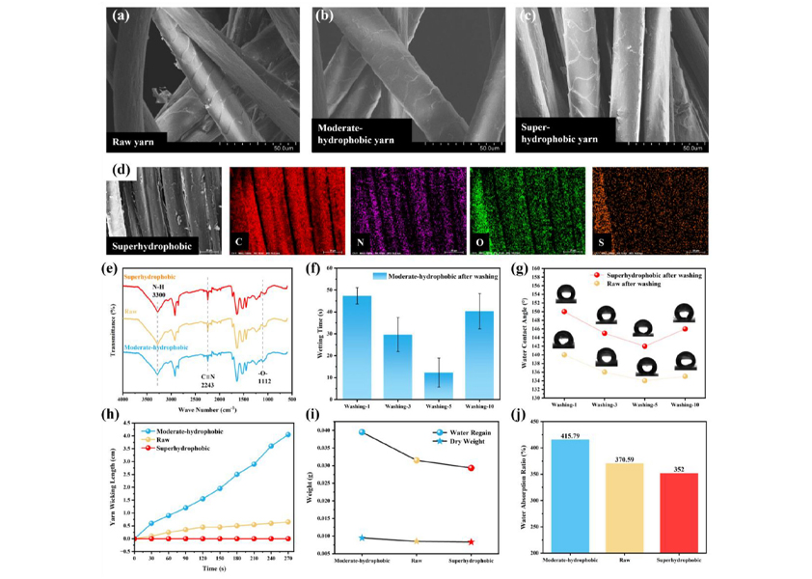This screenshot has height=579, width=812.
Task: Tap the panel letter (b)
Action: (325, 16)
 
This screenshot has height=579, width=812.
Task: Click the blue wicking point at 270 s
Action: (286, 434)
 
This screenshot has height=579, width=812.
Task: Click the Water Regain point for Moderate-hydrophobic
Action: (362, 431)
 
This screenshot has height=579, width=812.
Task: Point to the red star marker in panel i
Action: (472, 542)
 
